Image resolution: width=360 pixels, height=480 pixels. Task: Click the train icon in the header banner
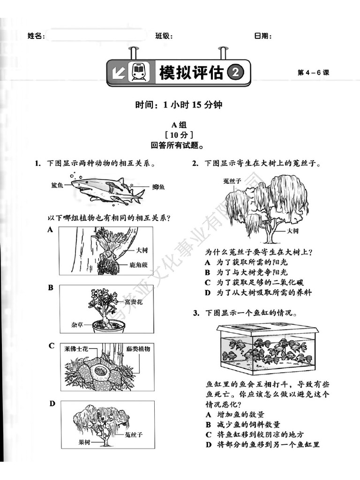139,73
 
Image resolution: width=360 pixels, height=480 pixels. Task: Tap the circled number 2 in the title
236,72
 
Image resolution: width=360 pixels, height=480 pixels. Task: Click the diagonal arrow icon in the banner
118,73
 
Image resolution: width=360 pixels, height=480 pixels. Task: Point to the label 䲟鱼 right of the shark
158,187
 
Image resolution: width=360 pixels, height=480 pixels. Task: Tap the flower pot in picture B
108,326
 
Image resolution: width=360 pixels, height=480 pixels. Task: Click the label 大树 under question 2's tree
293,231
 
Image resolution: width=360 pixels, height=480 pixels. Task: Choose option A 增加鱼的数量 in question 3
235,414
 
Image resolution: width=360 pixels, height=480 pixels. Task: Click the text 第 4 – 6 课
314,73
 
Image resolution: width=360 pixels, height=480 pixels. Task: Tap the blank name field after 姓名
96,35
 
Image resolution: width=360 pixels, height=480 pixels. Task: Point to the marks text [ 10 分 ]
180,135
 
